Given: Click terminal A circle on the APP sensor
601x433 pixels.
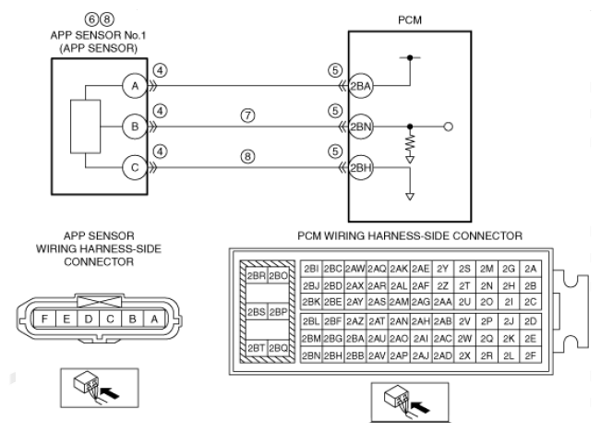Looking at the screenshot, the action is click(x=135, y=86).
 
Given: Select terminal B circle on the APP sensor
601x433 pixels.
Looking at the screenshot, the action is click(x=135, y=126).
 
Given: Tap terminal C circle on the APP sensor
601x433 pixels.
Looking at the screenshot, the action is click(x=135, y=167).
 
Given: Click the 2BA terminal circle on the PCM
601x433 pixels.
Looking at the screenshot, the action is click(x=361, y=86).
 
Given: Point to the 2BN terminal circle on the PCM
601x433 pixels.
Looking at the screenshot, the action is click(x=361, y=126).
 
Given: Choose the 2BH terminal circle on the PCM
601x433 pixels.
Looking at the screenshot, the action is click(x=361, y=167).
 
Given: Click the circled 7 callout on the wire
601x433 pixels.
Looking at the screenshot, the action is click(x=248, y=115).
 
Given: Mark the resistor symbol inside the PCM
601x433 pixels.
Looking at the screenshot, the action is click(x=410, y=142).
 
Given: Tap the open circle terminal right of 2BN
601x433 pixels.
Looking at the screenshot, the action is click(x=448, y=126).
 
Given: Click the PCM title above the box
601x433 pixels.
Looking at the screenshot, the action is click(x=410, y=20).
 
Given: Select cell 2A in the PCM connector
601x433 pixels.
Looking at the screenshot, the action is click(x=531, y=269).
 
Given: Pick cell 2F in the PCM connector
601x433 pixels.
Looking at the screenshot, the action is click(x=531, y=356).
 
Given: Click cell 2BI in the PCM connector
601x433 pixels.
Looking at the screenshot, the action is click(x=311, y=269).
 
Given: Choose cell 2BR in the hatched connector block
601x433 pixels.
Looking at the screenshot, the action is click(x=257, y=276).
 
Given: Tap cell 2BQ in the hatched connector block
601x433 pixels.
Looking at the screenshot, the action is click(x=278, y=348).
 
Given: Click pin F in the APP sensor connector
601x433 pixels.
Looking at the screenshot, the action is click(x=44, y=319).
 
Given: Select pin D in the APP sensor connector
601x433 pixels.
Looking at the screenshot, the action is click(x=88, y=319).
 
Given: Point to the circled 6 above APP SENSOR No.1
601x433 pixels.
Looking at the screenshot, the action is click(x=91, y=18).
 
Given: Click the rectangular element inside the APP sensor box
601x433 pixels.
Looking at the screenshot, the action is click(x=86, y=126).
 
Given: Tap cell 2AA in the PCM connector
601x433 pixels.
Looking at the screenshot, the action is click(x=443, y=302).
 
